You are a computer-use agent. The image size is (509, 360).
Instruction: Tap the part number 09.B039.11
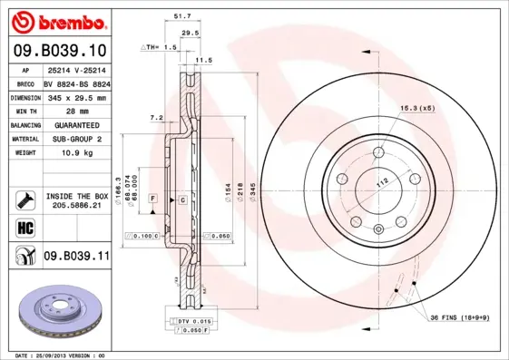76,257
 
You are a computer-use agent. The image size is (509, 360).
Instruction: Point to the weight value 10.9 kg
75,153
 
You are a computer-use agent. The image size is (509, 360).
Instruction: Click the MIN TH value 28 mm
75,111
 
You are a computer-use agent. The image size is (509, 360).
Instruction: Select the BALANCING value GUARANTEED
75,125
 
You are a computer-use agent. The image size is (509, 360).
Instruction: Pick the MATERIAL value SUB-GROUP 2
75,139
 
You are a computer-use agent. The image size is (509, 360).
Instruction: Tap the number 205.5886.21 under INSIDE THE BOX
75,207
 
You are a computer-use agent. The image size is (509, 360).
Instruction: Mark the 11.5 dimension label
203,60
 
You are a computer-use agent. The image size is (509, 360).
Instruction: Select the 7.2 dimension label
155,118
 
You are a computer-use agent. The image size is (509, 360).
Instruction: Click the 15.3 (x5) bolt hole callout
417,108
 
